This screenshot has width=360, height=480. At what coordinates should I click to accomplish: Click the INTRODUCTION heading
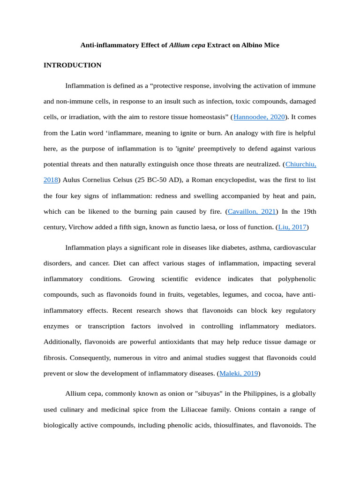72,65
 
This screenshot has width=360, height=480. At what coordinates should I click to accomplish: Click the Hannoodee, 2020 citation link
259,117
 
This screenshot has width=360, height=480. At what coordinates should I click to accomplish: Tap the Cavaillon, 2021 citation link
252,211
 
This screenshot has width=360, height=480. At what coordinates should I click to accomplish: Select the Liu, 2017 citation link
292,227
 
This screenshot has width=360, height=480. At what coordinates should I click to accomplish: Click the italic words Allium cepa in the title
187,45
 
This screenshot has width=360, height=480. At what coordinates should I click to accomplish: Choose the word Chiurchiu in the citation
300,164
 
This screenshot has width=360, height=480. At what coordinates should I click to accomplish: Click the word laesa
202,227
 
